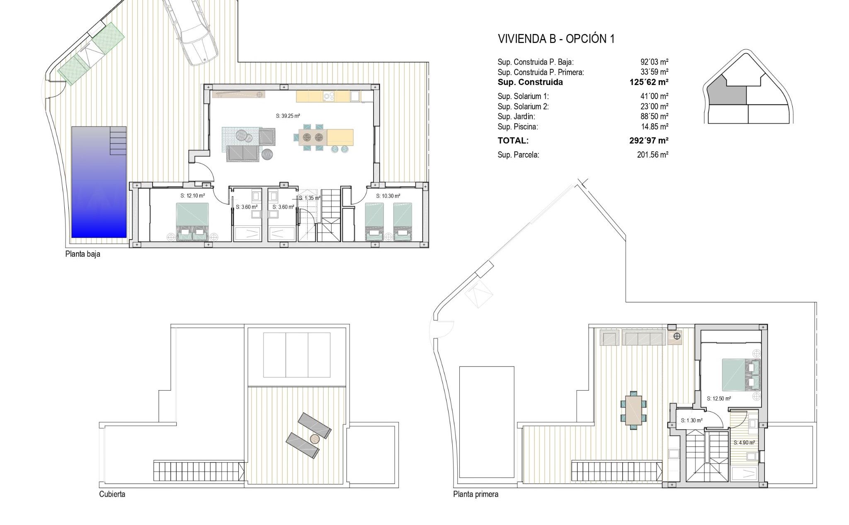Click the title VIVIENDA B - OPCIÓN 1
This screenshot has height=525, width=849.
(x=556, y=39)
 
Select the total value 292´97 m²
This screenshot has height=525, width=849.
(x=649, y=140)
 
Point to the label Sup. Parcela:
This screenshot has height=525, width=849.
(x=518, y=155)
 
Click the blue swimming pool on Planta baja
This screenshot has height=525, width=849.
(x=99, y=182)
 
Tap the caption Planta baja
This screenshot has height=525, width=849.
(x=83, y=254)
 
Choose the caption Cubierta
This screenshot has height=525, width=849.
(x=112, y=494)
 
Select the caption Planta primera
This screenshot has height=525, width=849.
(x=475, y=494)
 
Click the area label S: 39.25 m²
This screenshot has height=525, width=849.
(x=288, y=116)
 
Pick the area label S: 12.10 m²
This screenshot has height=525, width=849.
(x=192, y=195)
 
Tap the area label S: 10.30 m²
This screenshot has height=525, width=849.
(x=388, y=196)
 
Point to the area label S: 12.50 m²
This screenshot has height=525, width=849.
(x=718, y=399)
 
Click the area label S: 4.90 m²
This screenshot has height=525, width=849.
(x=744, y=442)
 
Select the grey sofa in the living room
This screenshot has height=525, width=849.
(x=243, y=153)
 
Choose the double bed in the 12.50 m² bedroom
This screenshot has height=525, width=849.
(x=741, y=375)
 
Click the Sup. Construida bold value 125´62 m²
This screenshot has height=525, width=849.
(x=649, y=82)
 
